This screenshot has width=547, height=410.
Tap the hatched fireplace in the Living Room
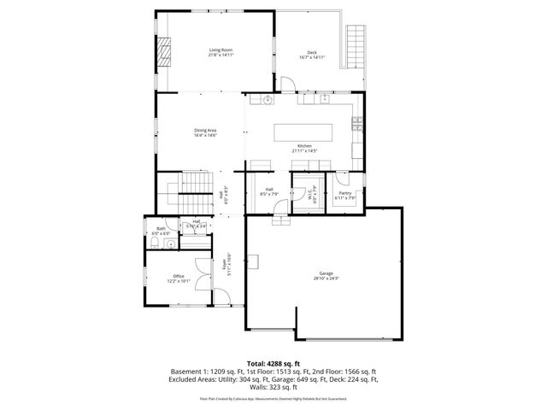[164, 54]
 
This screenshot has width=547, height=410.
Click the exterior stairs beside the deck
[354, 48]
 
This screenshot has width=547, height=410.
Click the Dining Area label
[205, 132]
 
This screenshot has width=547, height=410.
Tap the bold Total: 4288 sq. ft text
[273, 364]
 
